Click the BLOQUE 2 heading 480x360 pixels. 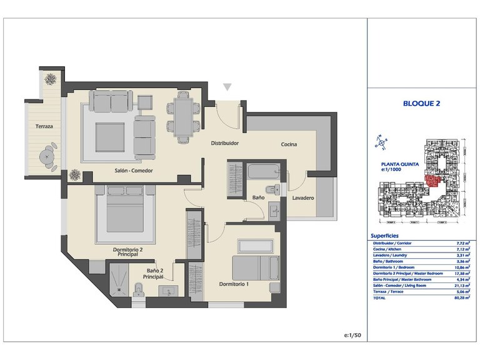pos(421,104)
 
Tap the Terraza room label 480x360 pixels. pos(44,127)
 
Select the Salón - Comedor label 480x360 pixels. pos(133,171)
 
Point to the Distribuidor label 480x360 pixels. pos(224,143)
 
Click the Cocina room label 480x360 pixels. pos(288,144)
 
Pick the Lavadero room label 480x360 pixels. pos(303,199)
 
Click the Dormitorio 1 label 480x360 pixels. pos(234,284)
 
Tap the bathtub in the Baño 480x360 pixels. pos(262,171)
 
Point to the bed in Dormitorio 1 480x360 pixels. pos(256,267)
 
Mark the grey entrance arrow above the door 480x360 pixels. pos(227,88)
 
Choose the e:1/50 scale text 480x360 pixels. pos(352,336)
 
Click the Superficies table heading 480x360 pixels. pos(385,236)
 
